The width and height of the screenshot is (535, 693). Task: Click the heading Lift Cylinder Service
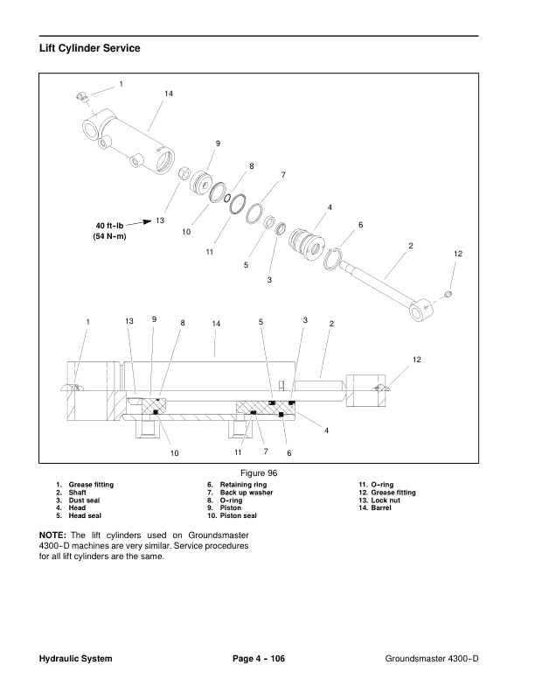90,48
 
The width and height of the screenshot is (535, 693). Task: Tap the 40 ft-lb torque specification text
109,226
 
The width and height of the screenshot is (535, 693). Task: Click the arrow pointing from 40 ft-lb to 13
139,222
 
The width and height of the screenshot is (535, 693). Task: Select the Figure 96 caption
259,472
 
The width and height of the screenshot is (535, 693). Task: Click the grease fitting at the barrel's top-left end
80,97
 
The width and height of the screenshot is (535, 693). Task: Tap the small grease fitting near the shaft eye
448,293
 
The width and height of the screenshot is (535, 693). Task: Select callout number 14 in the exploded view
169,94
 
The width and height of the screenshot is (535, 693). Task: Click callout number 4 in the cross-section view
327,430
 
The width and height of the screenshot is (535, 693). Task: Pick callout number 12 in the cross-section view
417,360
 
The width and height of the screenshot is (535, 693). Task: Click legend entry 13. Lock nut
379,500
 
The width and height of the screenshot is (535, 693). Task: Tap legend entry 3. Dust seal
78,500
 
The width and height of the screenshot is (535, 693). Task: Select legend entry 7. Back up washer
240,493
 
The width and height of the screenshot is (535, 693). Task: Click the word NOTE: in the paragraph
52,535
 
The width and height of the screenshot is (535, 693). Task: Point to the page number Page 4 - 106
259,659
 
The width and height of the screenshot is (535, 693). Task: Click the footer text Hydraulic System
75,659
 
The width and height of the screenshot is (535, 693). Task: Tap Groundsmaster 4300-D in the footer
432,659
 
